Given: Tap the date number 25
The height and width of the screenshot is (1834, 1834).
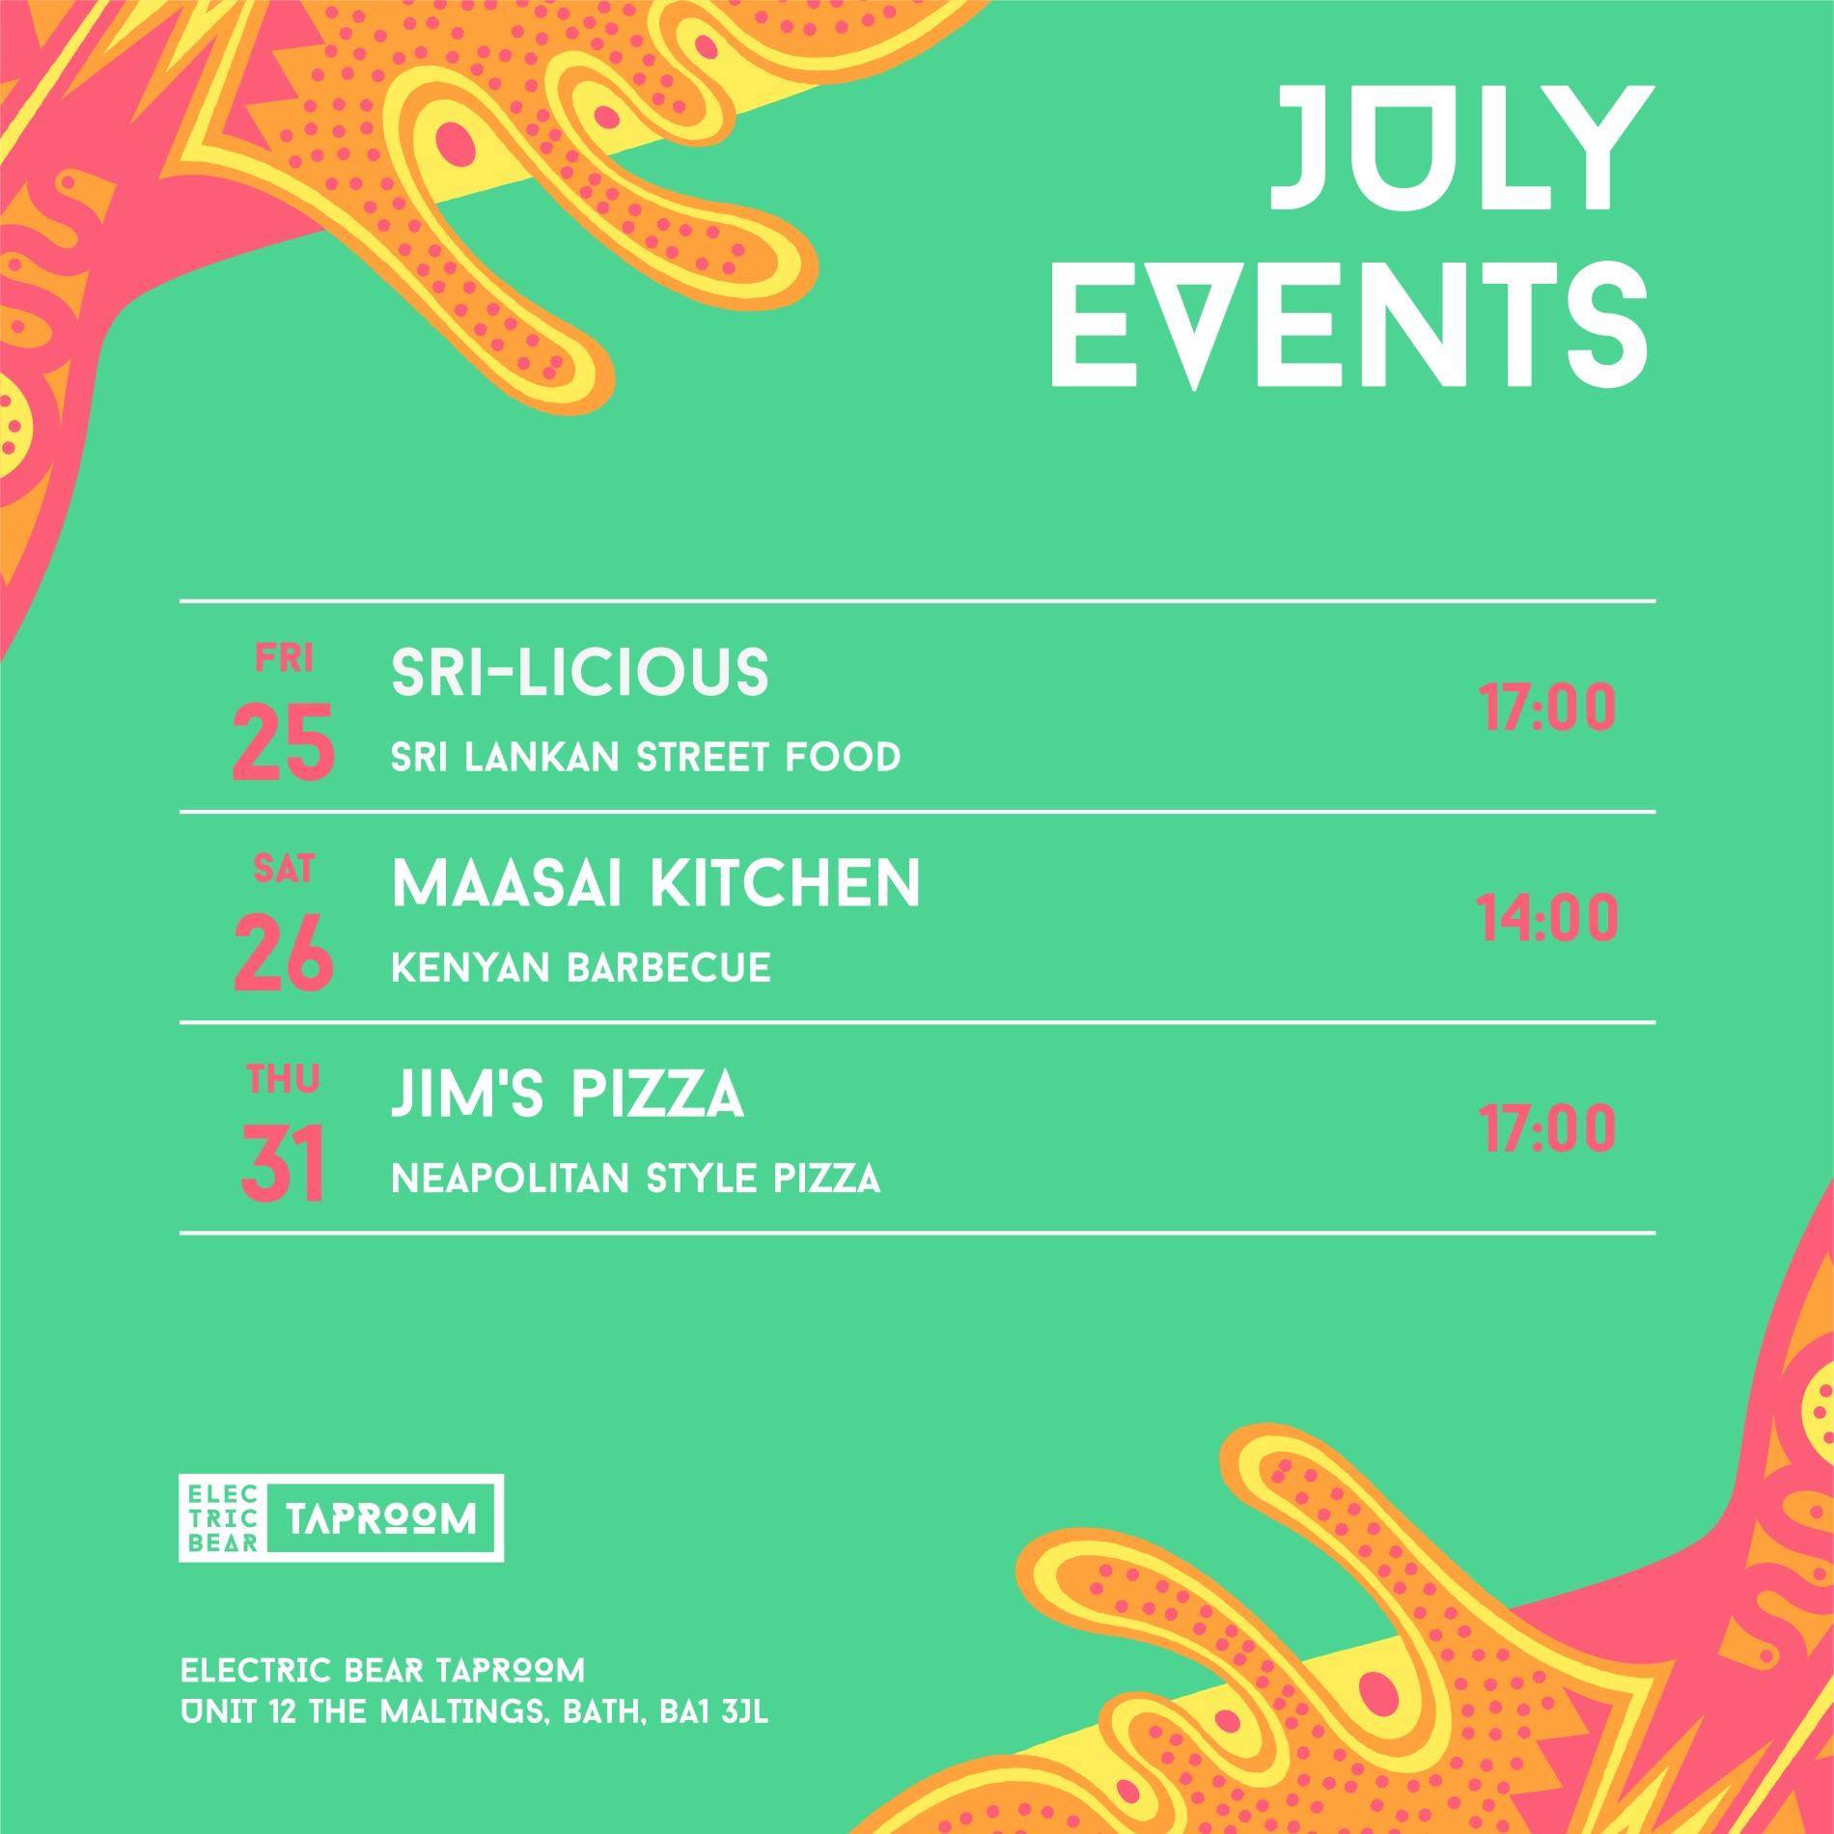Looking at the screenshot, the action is tap(284, 741).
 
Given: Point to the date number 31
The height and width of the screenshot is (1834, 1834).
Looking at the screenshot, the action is tap(282, 1165).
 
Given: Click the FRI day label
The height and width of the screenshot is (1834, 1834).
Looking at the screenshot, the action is tap(284, 658).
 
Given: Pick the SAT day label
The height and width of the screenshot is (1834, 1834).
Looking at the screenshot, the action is tap(284, 870).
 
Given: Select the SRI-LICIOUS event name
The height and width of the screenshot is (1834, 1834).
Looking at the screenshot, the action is tap(580, 672).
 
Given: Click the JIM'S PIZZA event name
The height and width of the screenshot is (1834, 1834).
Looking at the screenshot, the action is tap(568, 1095).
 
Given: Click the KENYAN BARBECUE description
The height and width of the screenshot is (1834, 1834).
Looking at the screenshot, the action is tap(581, 968).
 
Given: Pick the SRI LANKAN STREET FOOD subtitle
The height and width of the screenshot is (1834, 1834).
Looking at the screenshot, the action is tap(646, 758).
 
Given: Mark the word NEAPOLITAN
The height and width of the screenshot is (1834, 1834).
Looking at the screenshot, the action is tap(511, 1179).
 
